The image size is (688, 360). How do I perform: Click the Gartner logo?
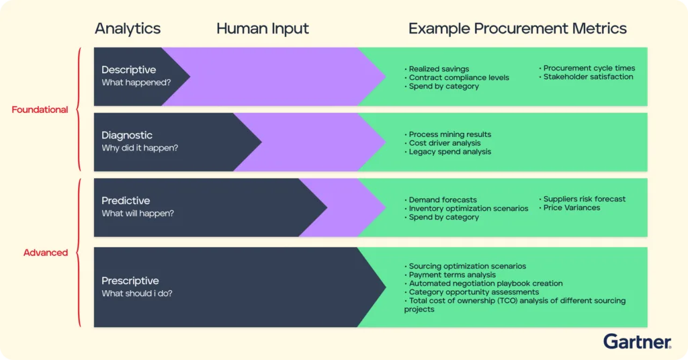pos(637,342)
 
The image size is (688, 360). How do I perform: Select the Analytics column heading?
pos(128,29)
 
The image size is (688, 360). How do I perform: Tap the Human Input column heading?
pos(263,29)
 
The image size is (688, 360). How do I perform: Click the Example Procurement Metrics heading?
pos(517,29)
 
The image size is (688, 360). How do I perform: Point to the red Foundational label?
pos(40,109)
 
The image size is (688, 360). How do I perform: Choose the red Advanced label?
pos(46,253)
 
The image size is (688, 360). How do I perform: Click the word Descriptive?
pos(128,70)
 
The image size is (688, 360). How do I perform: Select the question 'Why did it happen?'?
pos(140,148)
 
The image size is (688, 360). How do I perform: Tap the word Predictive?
pos(126,200)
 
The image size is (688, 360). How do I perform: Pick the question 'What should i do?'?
pos(137,294)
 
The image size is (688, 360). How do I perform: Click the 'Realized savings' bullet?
pos(437,69)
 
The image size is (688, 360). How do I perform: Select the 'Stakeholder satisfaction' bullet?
pos(586,77)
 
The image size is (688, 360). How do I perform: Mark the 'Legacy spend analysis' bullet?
pos(447,152)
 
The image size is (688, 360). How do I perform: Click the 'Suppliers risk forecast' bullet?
pos(582,199)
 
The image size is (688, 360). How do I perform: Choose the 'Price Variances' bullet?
pos(569,208)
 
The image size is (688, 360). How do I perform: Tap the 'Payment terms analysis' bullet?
pos(449,275)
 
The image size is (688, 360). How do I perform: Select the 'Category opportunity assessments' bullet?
pos(472,292)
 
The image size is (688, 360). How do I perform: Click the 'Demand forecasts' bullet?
pos(441,200)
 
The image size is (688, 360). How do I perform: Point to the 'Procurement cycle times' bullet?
pos(587,68)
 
